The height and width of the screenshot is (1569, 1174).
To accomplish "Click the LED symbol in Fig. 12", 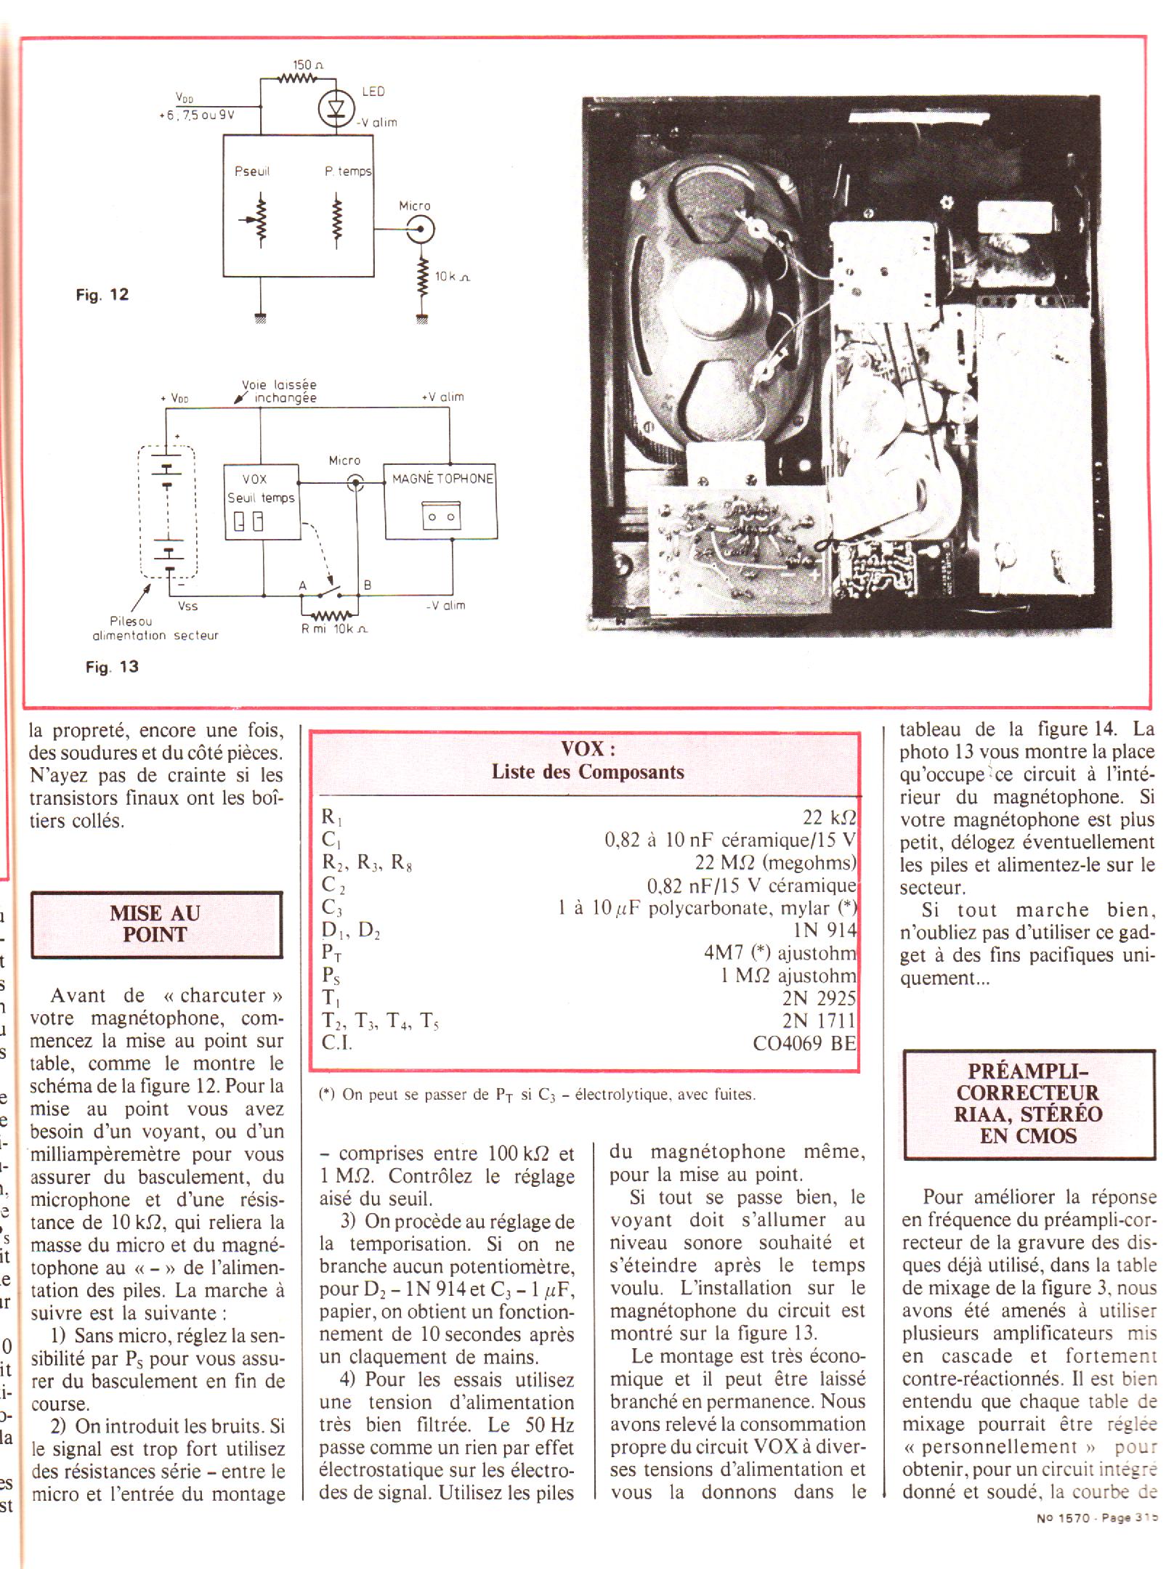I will [335, 107].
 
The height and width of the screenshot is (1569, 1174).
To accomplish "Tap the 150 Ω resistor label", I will [307, 65].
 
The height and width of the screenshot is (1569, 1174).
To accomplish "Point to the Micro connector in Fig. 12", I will [419, 231].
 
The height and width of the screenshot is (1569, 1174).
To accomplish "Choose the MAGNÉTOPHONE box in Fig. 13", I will [441, 502].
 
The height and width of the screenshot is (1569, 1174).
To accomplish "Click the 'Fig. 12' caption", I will [102, 295].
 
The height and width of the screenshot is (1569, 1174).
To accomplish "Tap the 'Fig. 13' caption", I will [112, 667].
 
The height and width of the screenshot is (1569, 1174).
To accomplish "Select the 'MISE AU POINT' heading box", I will [156, 924].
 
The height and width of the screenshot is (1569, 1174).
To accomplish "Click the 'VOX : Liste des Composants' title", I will [587, 761].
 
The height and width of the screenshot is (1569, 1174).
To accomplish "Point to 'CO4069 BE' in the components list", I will [804, 1043].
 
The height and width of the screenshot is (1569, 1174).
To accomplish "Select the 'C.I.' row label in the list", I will [336, 1043].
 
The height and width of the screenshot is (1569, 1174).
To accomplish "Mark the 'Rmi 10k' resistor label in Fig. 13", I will [335, 629].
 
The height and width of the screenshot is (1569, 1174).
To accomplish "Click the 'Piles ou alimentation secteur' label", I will [155, 628].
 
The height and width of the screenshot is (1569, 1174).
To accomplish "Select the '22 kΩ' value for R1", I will [829, 817].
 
